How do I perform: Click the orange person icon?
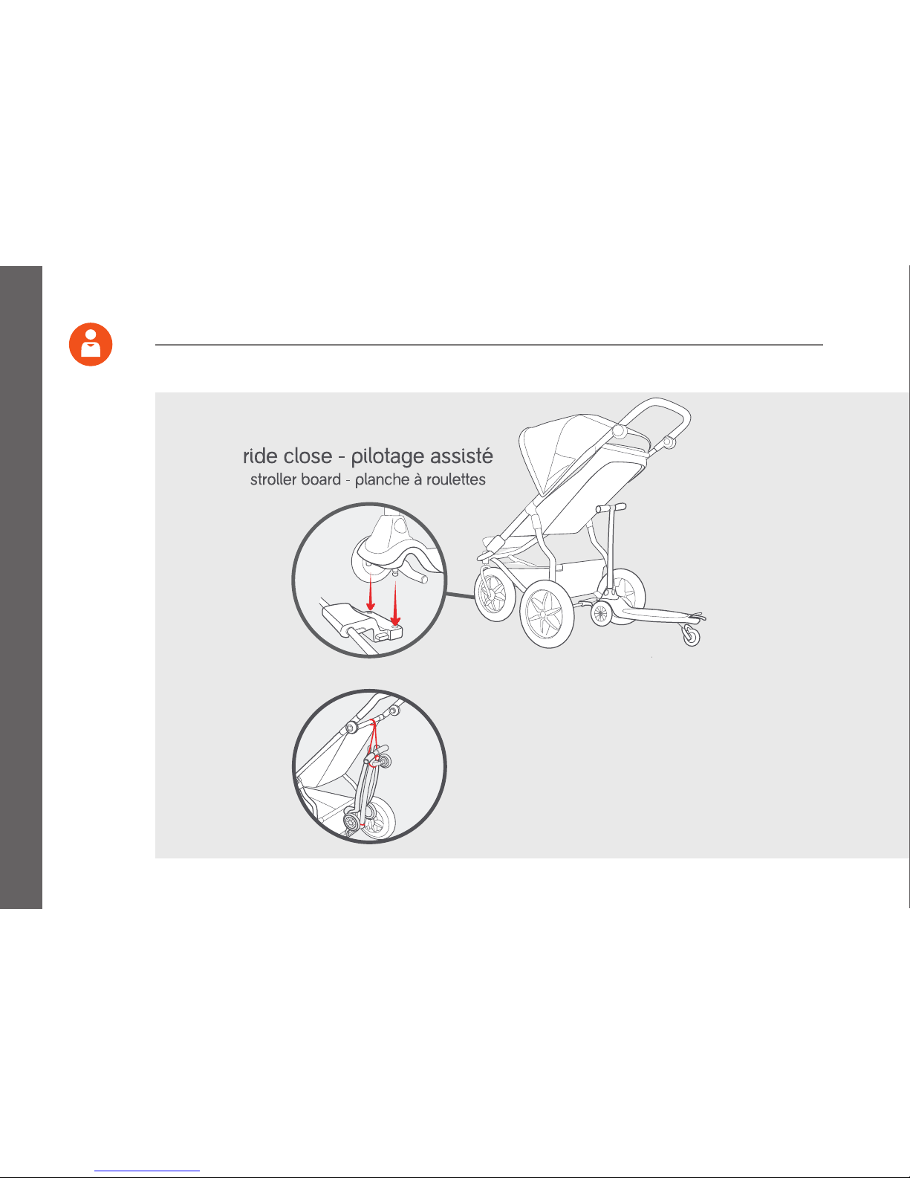[x=91, y=344]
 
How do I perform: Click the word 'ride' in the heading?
[x=260, y=456]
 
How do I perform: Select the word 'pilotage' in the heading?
[x=387, y=457]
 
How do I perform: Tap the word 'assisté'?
[x=461, y=456]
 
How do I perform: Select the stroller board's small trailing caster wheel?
[x=691, y=635]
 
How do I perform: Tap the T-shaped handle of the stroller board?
[x=611, y=507]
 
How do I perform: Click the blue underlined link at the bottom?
[x=147, y=1171]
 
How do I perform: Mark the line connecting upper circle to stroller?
[x=461, y=596]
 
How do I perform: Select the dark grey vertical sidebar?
[x=21, y=587]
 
